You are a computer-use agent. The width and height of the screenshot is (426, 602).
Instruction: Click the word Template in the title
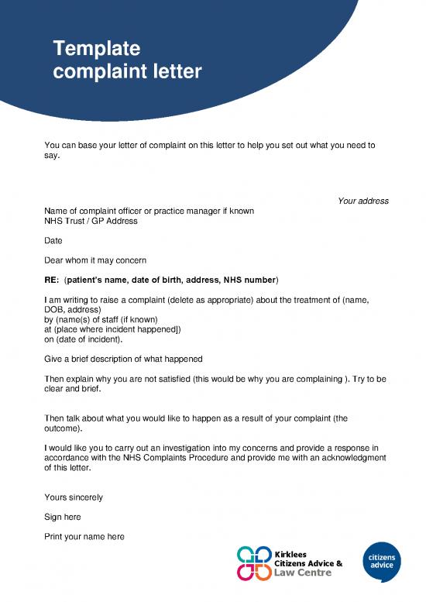[x=96, y=50]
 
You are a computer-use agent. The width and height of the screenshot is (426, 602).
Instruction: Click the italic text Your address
[x=363, y=201]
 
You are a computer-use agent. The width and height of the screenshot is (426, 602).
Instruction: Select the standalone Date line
[x=53, y=240]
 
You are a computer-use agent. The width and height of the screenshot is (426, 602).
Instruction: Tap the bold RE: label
[x=52, y=279]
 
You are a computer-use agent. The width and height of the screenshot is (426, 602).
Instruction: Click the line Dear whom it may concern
[x=95, y=260]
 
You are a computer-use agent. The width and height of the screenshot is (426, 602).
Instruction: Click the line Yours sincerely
[x=74, y=497]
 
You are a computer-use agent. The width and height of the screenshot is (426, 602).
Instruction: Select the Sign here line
[x=63, y=517]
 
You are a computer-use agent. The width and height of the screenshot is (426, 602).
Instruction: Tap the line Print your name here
[x=84, y=536]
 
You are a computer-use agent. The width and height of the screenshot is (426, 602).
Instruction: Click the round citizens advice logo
[x=382, y=562]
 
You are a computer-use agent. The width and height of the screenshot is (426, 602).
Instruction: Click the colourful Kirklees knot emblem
[x=255, y=563]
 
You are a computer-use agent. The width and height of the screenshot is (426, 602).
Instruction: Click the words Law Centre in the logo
[x=304, y=573]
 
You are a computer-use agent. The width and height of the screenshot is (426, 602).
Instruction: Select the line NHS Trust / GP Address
[x=91, y=221]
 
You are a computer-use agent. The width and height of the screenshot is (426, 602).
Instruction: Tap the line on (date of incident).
[x=84, y=339]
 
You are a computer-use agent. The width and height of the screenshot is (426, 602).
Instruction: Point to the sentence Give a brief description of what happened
[x=123, y=359]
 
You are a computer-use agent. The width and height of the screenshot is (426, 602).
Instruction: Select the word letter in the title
[x=172, y=72]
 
